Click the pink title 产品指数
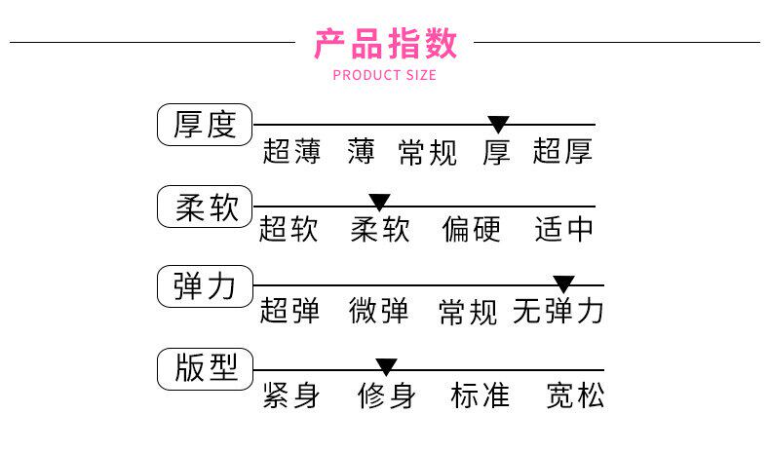(385, 44)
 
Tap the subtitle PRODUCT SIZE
(385, 75)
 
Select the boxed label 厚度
(205, 125)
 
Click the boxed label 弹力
(205, 286)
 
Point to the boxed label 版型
(205, 368)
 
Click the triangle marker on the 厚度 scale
(498, 124)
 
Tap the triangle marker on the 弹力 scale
(563, 284)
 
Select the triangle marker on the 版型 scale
(386, 367)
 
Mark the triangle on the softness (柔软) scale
(379, 203)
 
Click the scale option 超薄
(290, 152)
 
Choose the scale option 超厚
(562, 152)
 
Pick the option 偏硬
(471, 230)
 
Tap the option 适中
(563, 230)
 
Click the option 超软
(289, 230)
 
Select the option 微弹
(379, 312)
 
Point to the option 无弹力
(558, 312)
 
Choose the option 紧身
(290, 396)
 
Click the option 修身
(386, 396)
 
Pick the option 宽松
(575, 396)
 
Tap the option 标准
(480, 396)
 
